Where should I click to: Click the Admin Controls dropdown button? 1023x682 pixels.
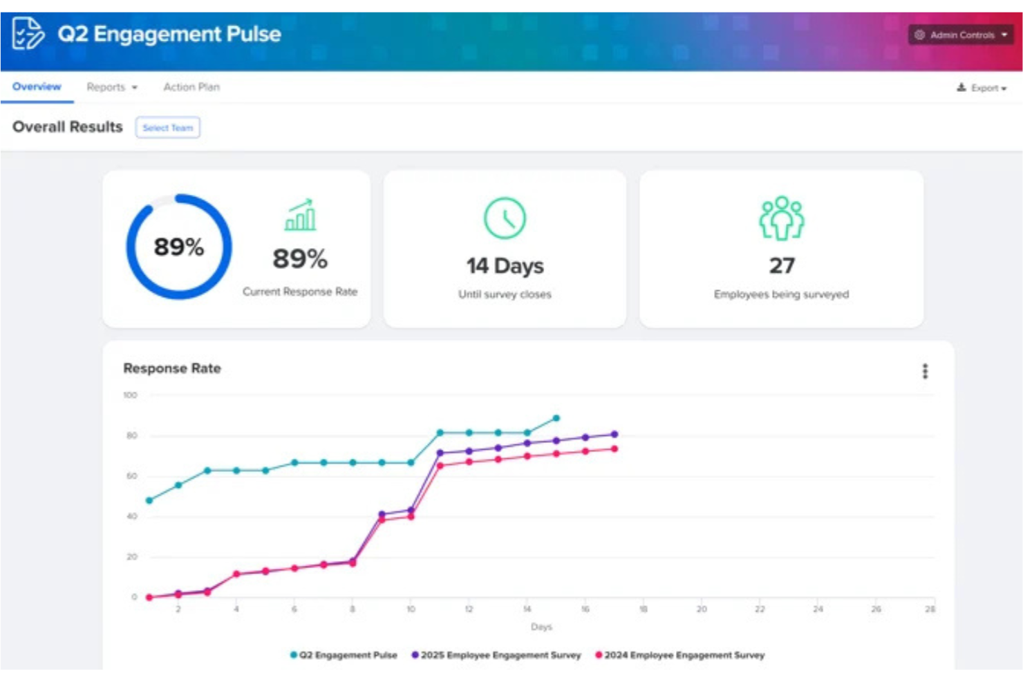tap(960, 35)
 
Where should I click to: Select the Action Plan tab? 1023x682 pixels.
tap(191, 87)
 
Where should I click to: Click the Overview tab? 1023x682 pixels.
tap(37, 87)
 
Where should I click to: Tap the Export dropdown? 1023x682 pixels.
tap(982, 88)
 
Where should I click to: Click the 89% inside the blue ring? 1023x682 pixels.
tap(178, 247)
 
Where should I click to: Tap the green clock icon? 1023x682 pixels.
tap(505, 218)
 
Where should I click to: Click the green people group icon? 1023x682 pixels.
tap(781, 218)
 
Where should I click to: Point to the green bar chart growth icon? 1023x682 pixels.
tap(301, 215)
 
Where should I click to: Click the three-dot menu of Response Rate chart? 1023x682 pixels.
tap(925, 371)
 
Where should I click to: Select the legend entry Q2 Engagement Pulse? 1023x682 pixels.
tap(344, 655)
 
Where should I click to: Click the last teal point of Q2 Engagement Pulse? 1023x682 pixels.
tap(556, 418)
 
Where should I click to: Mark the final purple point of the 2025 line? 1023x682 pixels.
tap(614, 435)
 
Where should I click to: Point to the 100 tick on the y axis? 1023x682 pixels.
tap(130, 395)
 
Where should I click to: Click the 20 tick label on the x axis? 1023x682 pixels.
tap(702, 609)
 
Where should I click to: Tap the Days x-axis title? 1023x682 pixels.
tap(541, 627)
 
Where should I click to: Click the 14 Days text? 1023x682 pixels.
tap(505, 266)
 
